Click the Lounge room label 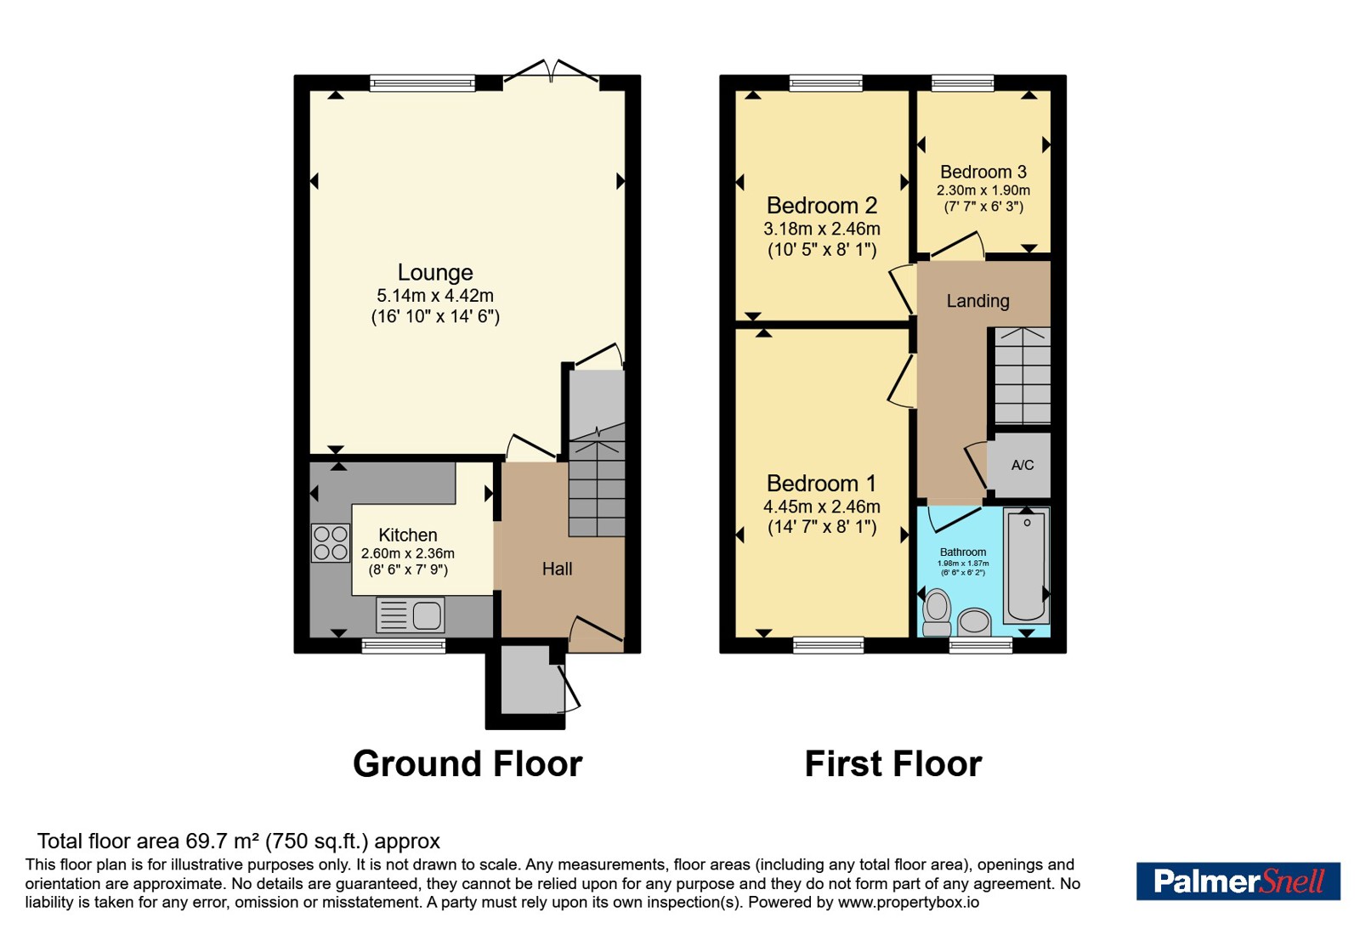click(434, 273)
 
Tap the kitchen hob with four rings click(331, 543)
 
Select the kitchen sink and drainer click(411, 615)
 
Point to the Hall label click(557, 569)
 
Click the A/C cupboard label click(1023, 465)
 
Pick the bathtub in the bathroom click(1026, 566)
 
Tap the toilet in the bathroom click(937, 613)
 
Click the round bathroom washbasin click(974, 622)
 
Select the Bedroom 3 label click(983, 172)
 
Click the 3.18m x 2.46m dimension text click(821, 229)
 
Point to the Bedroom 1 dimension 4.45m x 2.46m click(821, 507)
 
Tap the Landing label click(977, 301)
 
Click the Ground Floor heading click(467, 764)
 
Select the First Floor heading click(893, 764)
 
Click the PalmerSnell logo click(1238, 881)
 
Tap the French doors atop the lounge click(552, 71)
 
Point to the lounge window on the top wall click(422, 83)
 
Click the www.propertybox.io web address click(909, 902)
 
